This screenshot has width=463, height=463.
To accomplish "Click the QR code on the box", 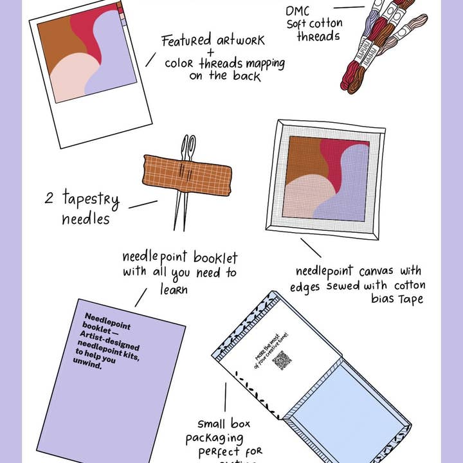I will coord(282,360).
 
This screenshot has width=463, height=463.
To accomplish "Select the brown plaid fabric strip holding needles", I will coord(187,174).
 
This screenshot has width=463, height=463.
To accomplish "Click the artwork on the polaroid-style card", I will coord(86,57).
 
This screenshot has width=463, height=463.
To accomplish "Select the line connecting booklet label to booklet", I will coord(140,298).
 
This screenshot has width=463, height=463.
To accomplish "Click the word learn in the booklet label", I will coord(174,289).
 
